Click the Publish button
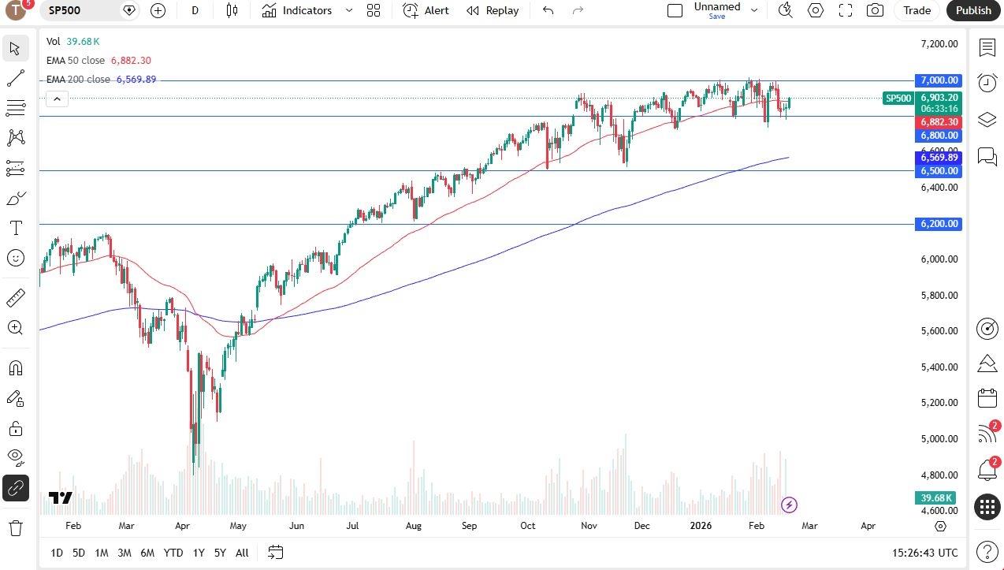pyautogui.click(x=973, y=10)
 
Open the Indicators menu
pyautogui.click(x=297, y=10)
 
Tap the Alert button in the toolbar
pyautogui.click(x=426, y=10)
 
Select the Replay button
pyautogui.click(x=493, y=10)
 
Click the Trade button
pyautogui.click(x=917, y=10)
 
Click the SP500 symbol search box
pyautogui.click(x=82, y=10)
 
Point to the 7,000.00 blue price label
pyautogui.click(x=939, y=80)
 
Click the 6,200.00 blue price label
pyautogui.click(x=939, y=224)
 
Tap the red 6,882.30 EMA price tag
pyautogui.click(x=939, y=122)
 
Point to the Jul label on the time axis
pyautogui.click(x=351, y=526)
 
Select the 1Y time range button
pyautogui.click(x=199, y=553)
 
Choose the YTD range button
pyautogui.click(x=173, y=553)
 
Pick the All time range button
pyautogui.click(x=242, y=553)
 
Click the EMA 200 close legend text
pyautogui.click(x=78, y=80)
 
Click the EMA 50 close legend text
pyautogui.click(x=76, y=61)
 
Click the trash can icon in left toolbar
pyautogui.click(x=16, y=527)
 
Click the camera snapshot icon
pyautogui.click(x=875, y=10)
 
